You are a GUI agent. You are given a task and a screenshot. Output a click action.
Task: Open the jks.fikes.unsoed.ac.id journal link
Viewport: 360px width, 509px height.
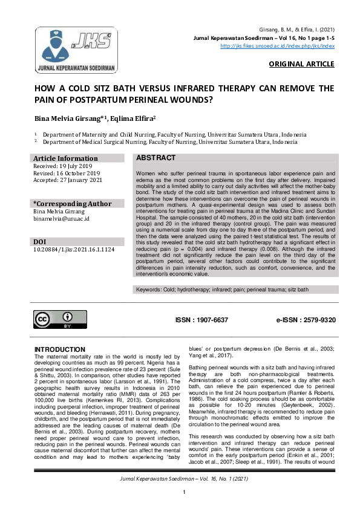tap(277, 45)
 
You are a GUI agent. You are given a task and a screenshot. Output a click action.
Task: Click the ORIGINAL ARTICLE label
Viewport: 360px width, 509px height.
tap(301, 64)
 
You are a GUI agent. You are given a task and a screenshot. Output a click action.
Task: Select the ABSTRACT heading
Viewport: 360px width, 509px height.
tap(156, 158)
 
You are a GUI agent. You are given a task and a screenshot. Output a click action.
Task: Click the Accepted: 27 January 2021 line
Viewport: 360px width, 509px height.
tap(67, 180)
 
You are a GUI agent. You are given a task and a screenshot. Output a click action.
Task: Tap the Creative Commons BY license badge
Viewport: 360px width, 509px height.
tap(61, 320)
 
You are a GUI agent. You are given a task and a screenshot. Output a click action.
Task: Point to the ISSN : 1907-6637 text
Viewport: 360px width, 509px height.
tap(202, 319)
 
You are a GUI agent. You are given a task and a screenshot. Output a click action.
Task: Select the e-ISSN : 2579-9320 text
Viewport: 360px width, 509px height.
tap(306, 319)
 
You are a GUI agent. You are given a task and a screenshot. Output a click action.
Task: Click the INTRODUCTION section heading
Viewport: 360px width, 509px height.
tap(60, 349)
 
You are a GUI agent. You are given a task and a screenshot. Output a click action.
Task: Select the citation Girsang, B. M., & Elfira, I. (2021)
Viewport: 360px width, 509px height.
tap(298, 30)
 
